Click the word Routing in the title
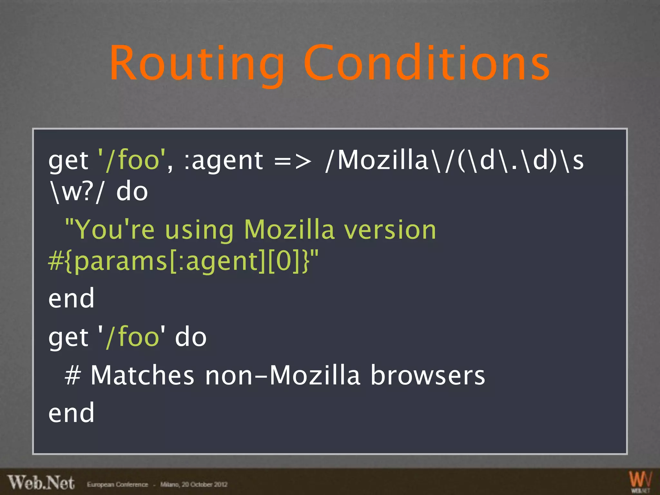[x=197, y=63]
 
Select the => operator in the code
[x=293, y=161]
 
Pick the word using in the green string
[x=199, y=230]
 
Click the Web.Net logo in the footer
[x=41, y=482]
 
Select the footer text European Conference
[x=117, y=484]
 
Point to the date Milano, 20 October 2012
[x=194, y=484]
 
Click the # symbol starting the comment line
[x=73, y=375]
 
